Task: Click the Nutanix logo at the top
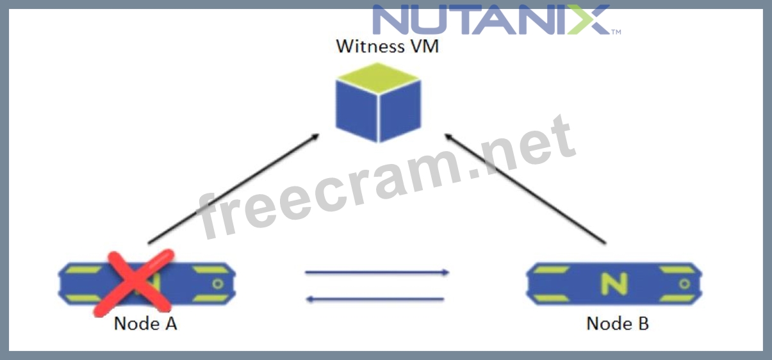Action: [x=491, y=20]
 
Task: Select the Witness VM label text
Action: [x=388, y=47]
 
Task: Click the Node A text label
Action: [x=145, y=323]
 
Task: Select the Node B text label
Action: [x=618, y=323]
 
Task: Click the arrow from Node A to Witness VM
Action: [x=233, y=189]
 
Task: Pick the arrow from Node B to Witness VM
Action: [x=525, y=189]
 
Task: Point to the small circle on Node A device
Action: [x=218, y=282]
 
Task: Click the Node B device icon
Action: [x=613, y=282]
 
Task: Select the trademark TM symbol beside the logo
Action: [x=616, y=31]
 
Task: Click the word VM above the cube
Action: [x=424, y=47]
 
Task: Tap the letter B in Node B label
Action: [x=642, y=323]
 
